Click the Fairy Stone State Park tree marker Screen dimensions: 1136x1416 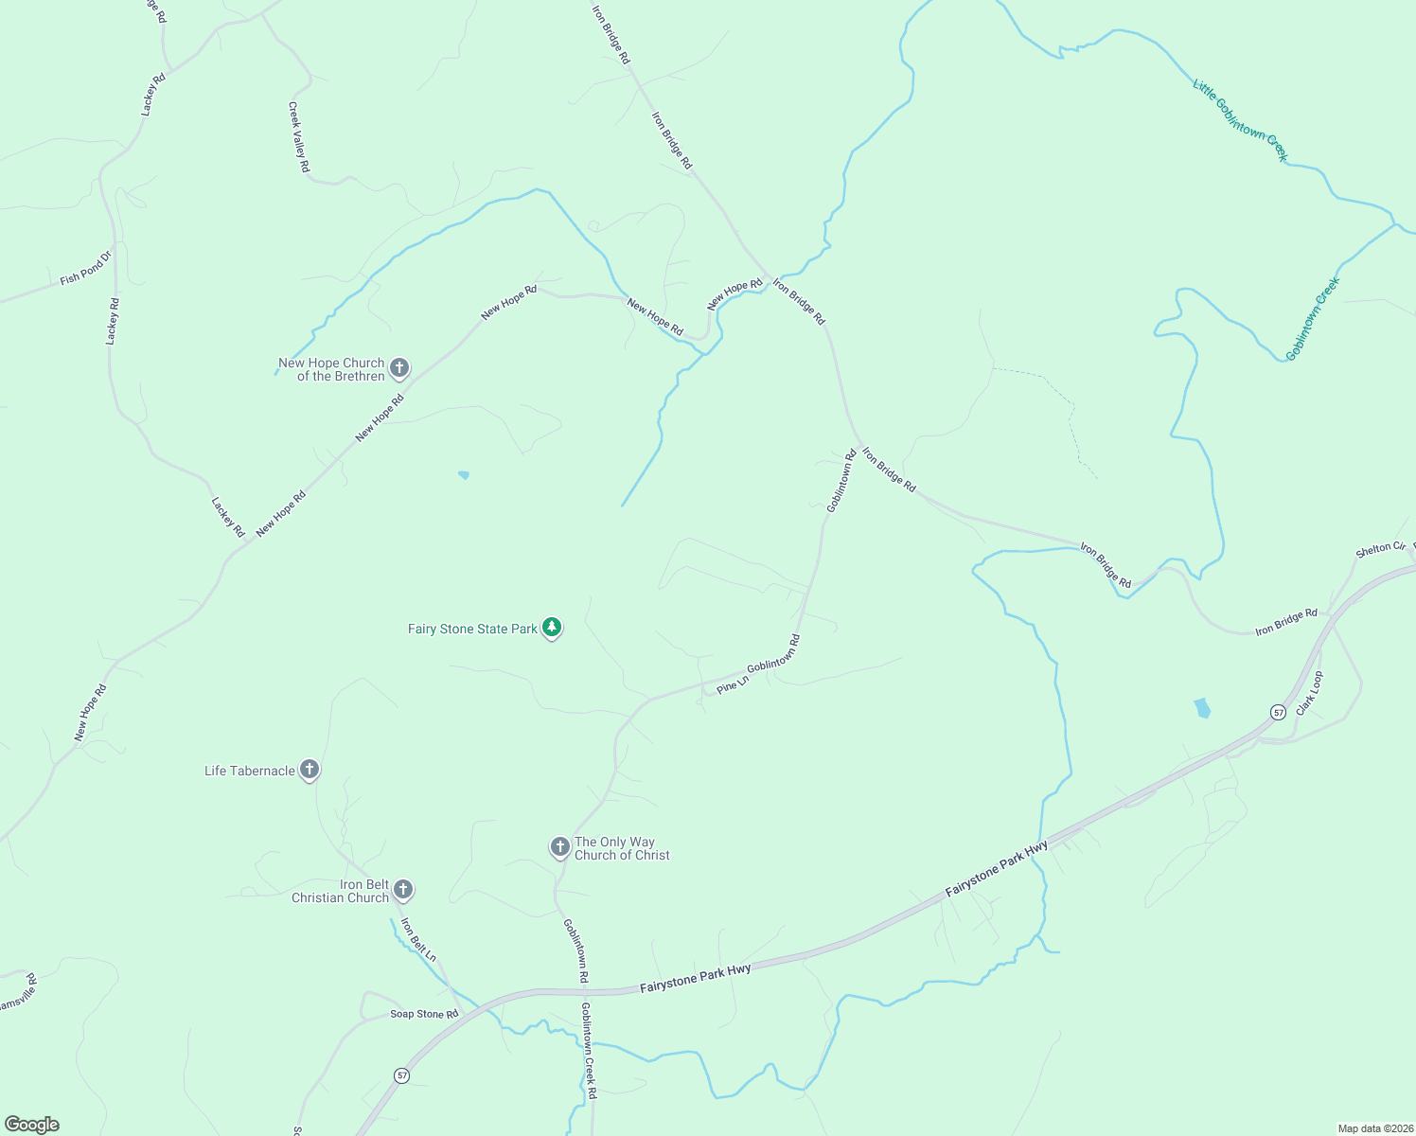click(x=552, y=628)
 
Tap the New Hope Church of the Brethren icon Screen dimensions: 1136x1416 click(x=399, y=367)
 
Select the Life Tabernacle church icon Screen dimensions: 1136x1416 click(x=309, y=770)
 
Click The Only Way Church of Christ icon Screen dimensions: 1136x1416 click(x=559, y=846)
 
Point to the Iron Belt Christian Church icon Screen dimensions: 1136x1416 click(x=402, y=889)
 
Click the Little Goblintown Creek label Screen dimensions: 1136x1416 click(x=1240, y=120)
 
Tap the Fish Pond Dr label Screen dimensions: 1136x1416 click(x=86, y=268)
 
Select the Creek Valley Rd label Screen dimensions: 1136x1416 click(x=299, y=137)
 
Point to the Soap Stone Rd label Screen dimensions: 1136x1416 click(x=424, y=1014)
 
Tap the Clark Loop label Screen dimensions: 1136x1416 click(x=1310, y=693)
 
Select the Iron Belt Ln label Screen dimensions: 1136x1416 click(x=417, y=940)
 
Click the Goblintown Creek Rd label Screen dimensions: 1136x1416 click(x=589, y=1050)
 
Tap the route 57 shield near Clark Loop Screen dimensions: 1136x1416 click(x=1278, y=712)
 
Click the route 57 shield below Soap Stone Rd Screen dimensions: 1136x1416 click(x=402, y=1075)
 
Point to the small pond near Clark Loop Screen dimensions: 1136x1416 click(x=1202, y=707)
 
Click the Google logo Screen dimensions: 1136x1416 click(x=32, y=1125)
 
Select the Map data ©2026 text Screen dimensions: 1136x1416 click(x=1374, y=1128)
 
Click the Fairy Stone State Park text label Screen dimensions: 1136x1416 click(x=472, y=629)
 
